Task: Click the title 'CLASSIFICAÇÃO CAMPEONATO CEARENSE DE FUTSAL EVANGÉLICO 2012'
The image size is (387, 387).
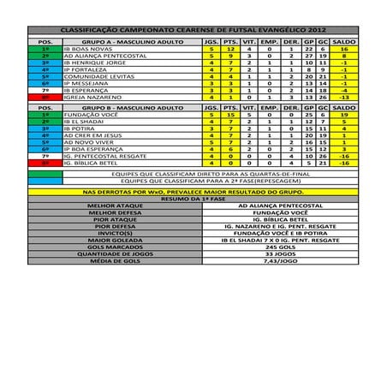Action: point(193,29)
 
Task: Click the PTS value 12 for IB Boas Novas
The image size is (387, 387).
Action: point(228,50)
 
